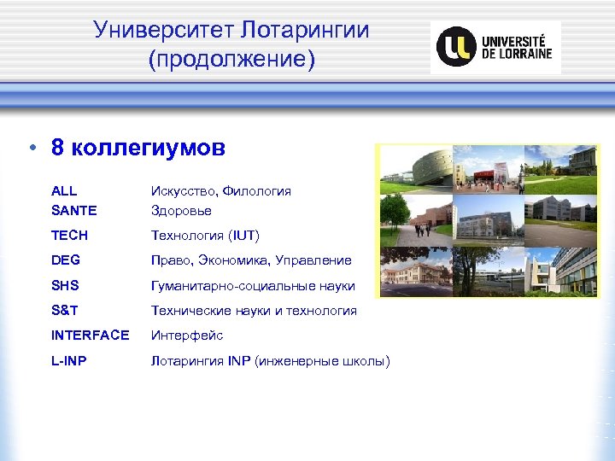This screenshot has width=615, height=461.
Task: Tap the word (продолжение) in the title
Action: [231, 61]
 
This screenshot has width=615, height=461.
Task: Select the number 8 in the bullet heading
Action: [58, 149]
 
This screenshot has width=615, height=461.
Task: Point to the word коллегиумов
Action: [149, 149]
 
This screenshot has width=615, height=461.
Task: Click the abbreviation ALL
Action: [64, 191]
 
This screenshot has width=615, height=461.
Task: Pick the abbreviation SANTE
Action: [74, 210]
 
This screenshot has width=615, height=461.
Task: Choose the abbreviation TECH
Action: [69, 235]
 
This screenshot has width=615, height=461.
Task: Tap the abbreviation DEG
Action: [66, 260]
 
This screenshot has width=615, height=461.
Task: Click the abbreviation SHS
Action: [66, 285]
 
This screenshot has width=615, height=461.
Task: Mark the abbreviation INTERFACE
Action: [91, 336]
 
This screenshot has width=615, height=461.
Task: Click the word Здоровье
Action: [181, 210]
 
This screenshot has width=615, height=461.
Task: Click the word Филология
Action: [257, 191]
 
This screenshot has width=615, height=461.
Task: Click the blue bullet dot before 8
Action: [32, 149]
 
